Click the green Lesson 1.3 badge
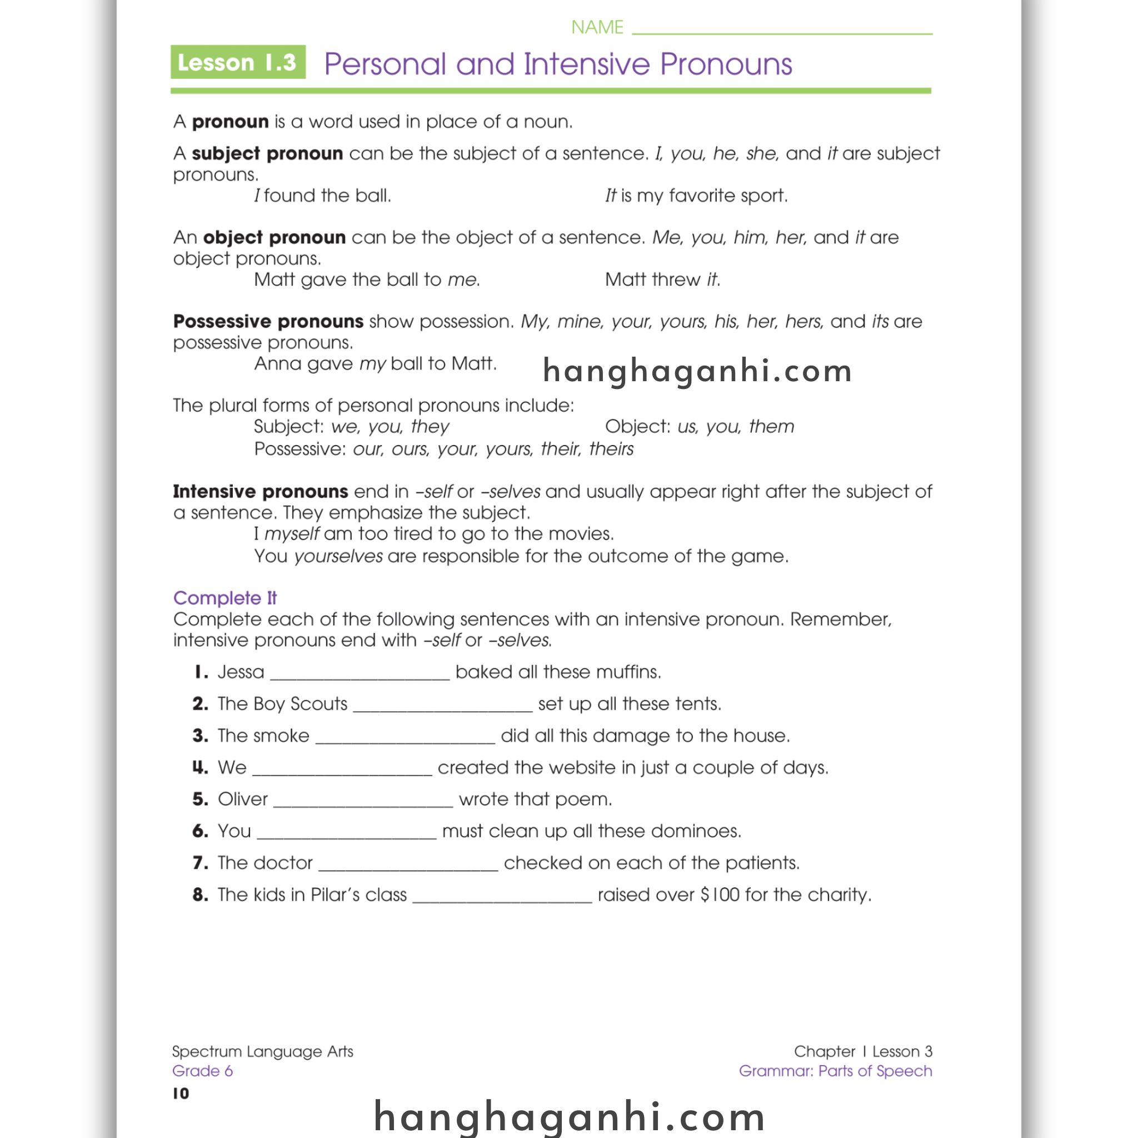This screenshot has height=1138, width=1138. [x=238, y=62]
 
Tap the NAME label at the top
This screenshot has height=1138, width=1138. [x=597, y=27]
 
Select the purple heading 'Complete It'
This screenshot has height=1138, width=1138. [x=225, y=598]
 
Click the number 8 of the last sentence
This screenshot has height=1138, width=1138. [x=199, y=895]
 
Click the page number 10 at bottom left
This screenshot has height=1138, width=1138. [x=181, y=1094]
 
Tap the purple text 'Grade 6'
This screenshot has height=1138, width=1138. [x=202, y=1071]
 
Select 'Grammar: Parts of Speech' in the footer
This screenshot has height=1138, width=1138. [x=835, y=1071]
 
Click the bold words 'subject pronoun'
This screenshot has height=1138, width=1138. [x=267, y=154]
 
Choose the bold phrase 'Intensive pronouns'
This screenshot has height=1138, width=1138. [x=261, y=491]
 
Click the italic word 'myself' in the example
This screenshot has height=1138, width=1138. [x=292, y=533]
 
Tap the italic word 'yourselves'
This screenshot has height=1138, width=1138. [x=338, y=556]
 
